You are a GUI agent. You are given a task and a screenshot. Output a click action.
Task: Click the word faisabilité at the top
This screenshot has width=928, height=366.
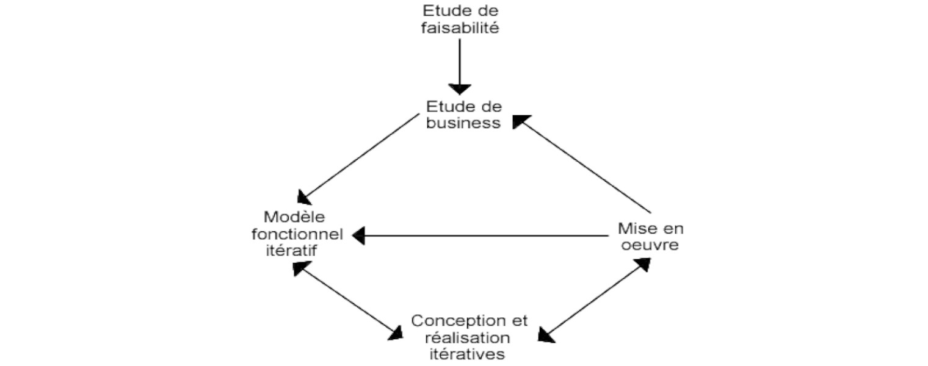(461, 27)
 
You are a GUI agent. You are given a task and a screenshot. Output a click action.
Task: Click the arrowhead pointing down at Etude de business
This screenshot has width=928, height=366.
(460, 88)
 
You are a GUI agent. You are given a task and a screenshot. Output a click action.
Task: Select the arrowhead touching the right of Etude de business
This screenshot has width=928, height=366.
(520, 121)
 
